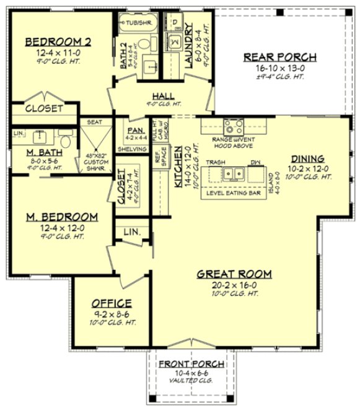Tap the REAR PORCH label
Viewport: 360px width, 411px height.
(279, 57)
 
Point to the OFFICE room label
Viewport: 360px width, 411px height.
(112, 303)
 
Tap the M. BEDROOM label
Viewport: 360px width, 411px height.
(61, 217)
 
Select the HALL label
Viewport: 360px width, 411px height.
(163, 95)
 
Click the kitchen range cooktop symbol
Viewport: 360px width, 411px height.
(234, 128)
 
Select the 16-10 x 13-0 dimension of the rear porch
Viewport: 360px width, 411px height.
(279, 67)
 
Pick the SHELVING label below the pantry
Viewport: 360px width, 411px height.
(131, 149)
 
